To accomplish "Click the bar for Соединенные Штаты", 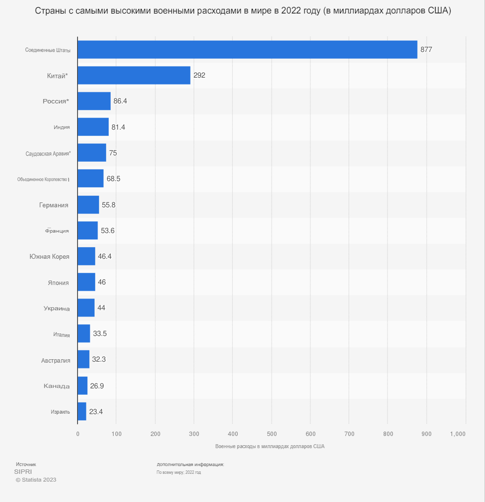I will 247,50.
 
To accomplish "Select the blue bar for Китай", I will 134,75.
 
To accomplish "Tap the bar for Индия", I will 93,127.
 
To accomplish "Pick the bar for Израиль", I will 82,411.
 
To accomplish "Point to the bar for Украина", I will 86,308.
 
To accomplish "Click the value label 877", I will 426,50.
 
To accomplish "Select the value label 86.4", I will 120,101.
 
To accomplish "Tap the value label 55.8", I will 109,204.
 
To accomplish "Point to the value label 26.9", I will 97,385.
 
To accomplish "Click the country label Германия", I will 53,205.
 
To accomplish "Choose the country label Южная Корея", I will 49,256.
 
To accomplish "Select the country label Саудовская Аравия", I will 48,153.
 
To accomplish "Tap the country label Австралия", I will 56,360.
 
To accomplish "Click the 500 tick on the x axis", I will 272,434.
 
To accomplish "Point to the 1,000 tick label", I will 458,434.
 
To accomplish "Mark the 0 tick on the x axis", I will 78,434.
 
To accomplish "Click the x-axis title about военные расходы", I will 270,446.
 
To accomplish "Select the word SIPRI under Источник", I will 23,471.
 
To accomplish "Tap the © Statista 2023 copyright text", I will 36,480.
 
